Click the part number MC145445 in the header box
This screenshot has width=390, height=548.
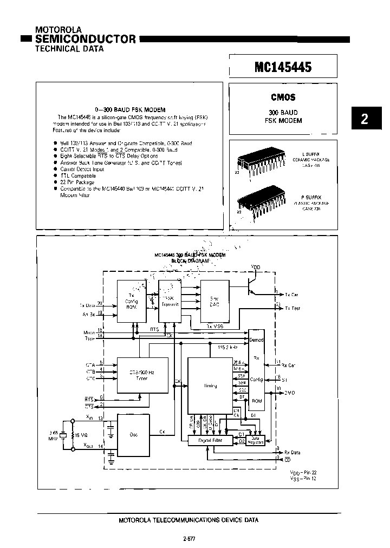[283, 67]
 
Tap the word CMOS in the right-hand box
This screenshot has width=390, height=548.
[283, 98]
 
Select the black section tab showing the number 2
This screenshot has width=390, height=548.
[365, 119]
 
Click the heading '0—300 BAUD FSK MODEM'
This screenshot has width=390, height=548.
[129, 109]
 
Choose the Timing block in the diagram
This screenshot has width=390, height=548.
[211, 386]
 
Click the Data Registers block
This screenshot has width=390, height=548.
[255, 440]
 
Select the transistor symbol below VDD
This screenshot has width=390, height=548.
[250, 285]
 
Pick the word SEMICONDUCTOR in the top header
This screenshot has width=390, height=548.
[86, 39]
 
